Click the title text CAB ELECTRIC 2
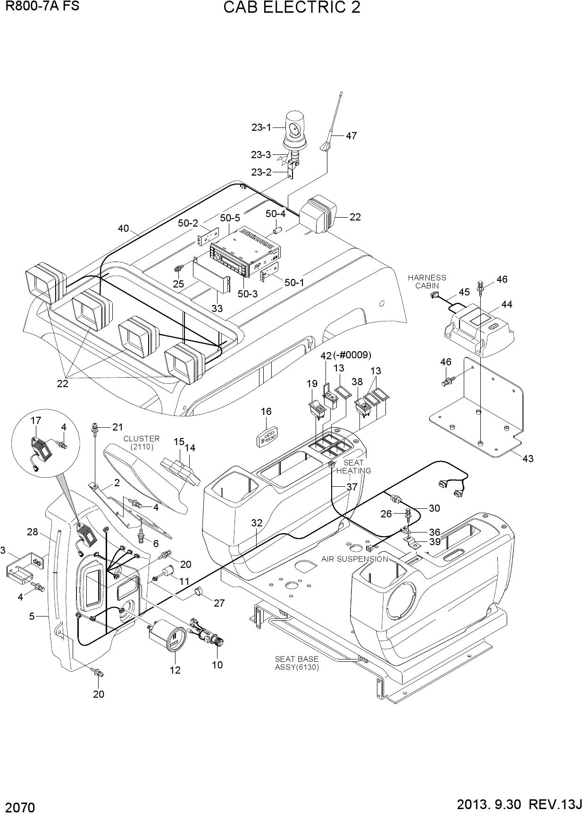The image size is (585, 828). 292,8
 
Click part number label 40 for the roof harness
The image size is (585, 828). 123,228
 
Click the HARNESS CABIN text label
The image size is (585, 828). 427,282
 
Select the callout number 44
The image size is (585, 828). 507,304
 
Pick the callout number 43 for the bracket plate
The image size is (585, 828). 528,458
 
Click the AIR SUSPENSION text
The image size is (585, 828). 355,559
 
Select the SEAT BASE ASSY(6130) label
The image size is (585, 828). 297,663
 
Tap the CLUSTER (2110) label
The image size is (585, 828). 142,443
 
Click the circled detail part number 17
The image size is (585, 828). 36,421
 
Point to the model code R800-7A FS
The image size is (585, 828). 42,6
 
